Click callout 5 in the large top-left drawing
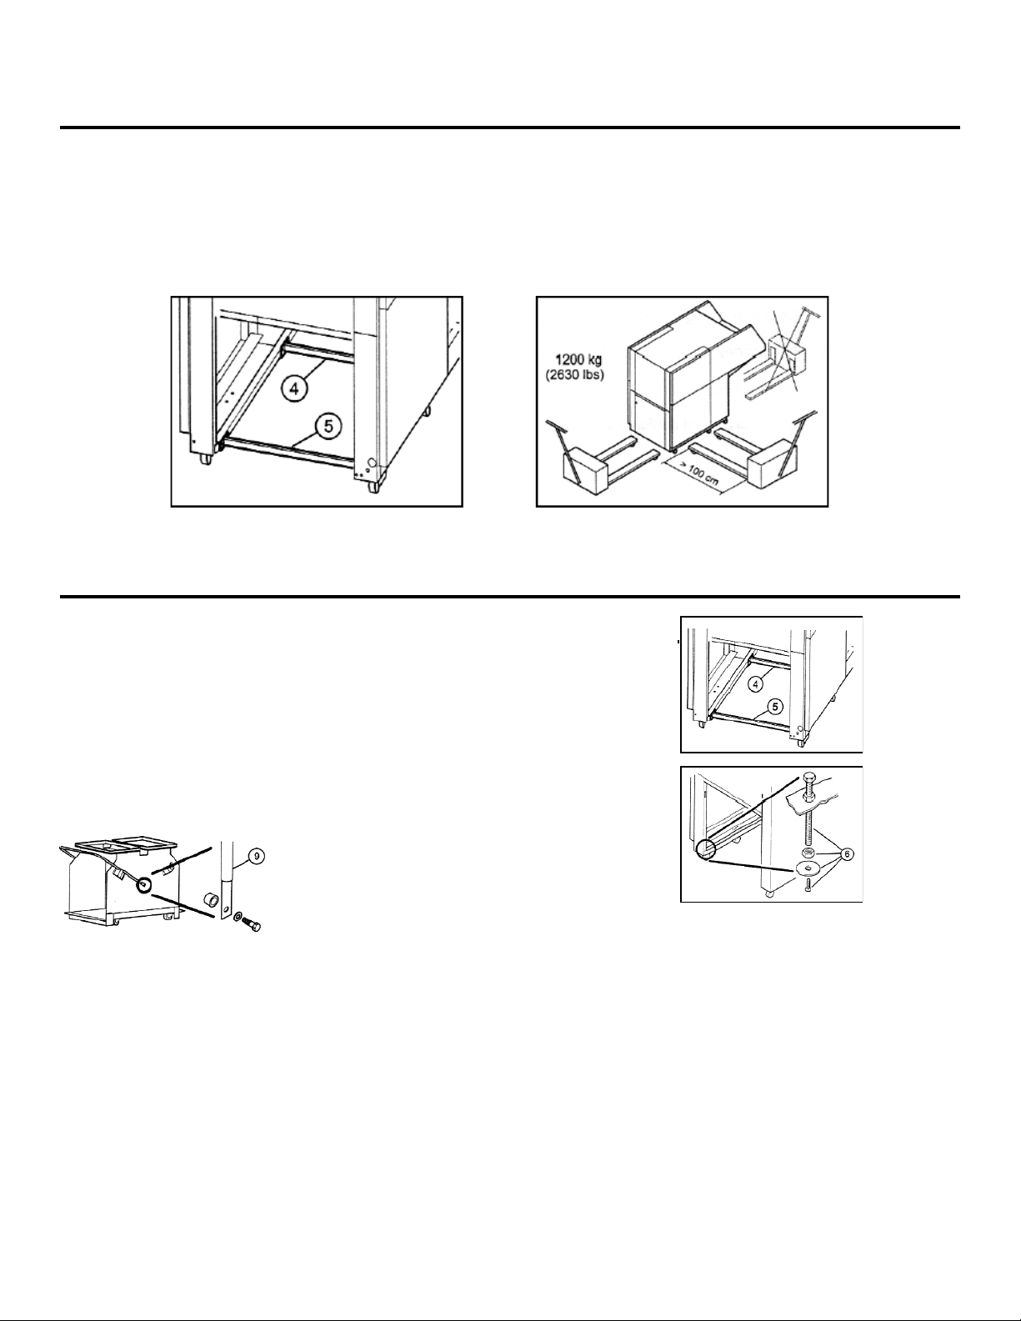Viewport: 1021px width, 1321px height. point(328,426)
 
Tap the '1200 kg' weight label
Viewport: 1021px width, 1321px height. point(578,361)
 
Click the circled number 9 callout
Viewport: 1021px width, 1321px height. point(257,856)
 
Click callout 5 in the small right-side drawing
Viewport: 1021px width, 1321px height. point(775,707)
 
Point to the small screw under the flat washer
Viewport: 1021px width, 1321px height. point(807,884)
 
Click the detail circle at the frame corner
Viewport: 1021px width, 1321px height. point(706,849)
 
